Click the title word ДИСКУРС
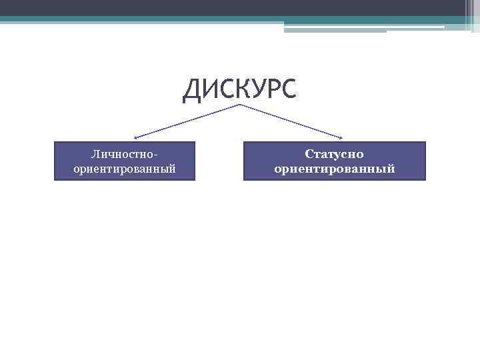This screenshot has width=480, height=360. pos(239,90)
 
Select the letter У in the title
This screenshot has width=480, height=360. pos(247,90)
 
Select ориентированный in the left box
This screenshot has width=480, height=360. pos(125,169)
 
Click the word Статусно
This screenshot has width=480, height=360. pos(334,154)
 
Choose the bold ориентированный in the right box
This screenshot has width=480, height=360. pos(334,169)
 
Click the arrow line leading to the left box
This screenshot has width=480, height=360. pos(187,121)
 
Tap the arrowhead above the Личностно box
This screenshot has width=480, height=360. pos(135,138)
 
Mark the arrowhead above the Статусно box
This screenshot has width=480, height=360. pos(341,138)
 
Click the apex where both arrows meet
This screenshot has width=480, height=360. pos(239,105)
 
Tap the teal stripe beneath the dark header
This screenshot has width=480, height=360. pos(200,19)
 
